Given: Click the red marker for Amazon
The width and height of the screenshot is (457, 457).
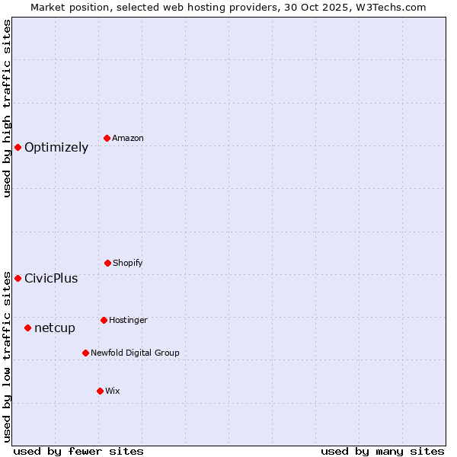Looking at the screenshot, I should (107, 138).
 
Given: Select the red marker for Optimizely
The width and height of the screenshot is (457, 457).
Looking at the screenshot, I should (18, 147).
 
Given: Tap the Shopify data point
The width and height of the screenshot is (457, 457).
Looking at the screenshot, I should (107, 263).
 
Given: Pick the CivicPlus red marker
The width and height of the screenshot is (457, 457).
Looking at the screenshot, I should (18, 278).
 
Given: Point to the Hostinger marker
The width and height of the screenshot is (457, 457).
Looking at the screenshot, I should (104, 320).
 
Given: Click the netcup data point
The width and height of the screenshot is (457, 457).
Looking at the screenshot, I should (27, 328).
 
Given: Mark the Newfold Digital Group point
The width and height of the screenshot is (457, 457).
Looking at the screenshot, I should (85, 353).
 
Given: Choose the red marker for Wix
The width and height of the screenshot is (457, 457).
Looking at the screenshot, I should (100, 391).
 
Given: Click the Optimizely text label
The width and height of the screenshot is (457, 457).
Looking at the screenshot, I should (56, 148).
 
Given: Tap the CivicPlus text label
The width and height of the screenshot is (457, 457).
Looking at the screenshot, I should (51, 279).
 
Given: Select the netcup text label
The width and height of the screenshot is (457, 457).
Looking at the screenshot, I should (55, 328).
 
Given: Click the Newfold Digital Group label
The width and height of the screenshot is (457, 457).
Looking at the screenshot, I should (135, 353).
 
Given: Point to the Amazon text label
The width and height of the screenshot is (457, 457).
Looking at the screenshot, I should (128, 138).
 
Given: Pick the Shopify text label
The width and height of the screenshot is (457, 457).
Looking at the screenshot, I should (128, 263).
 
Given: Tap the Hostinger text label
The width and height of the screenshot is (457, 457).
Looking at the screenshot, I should (128, 320).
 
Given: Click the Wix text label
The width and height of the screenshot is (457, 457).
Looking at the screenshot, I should (113, 391).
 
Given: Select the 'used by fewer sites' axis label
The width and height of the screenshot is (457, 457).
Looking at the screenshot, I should (78, 451).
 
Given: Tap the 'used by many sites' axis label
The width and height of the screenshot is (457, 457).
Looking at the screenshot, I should (382, 451).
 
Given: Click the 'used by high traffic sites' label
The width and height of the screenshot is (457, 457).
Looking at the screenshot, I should (7, 108).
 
